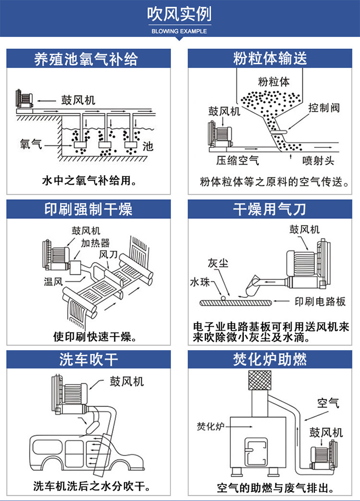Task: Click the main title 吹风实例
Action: click(179, 15)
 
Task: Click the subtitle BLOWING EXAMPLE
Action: click(179, 31)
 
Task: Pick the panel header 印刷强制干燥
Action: click(88, 209)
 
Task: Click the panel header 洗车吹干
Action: click(88, 359)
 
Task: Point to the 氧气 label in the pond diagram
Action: click(31, 143)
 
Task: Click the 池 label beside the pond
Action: click(149, 146)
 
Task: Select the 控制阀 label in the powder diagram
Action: click(324, 107)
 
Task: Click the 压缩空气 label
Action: click(238, 160)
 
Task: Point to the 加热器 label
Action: click(95, 243)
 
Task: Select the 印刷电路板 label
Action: click(320, 302)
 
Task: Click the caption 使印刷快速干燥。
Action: click(88, 336)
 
